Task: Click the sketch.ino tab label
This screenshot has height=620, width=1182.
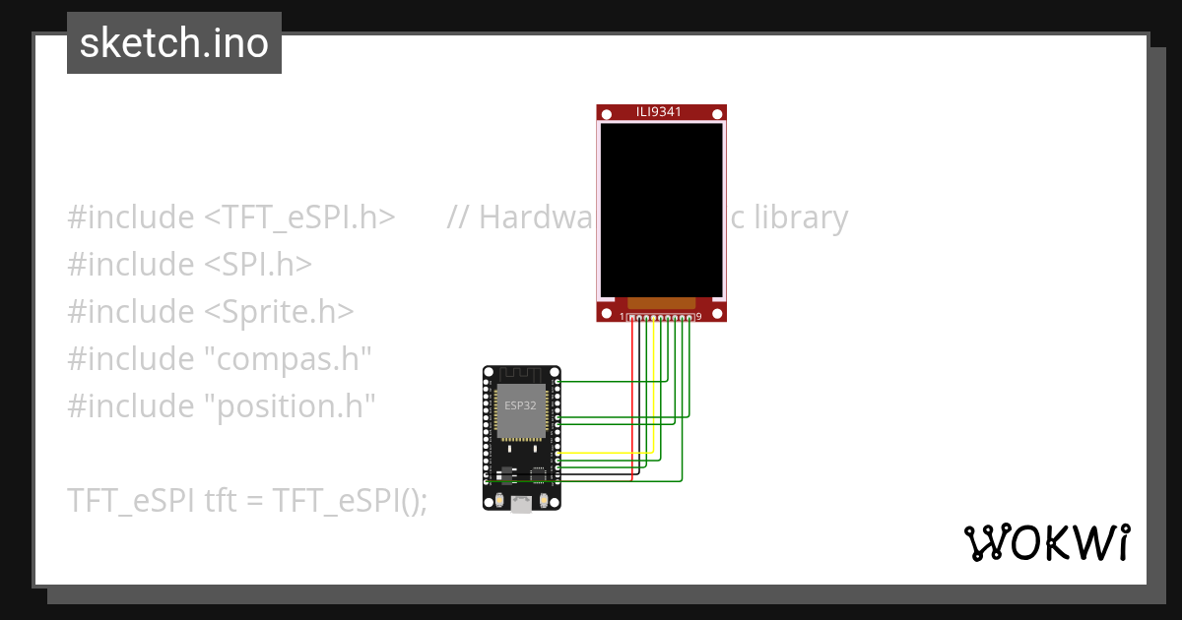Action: tap(174, 43)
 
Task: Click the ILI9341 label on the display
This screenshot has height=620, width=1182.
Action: tap(659, 112)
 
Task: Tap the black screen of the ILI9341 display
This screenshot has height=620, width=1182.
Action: tap(661, 209)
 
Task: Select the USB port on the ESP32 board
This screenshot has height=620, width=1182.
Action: tap(521, 503)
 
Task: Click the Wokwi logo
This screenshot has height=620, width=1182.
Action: tap(1046, 542)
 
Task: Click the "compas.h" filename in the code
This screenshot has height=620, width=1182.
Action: tap(287, 359)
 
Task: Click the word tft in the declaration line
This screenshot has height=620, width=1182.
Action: tap(220, 500)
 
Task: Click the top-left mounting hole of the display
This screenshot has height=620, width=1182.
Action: tap(607, 116)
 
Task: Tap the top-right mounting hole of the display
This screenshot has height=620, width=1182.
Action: tap(717, 116)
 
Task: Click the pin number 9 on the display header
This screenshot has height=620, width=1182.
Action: tap(698, 317)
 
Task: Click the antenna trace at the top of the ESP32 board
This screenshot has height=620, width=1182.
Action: tap(521, 374)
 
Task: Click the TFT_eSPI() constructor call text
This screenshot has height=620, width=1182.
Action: tap(351, 500)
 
